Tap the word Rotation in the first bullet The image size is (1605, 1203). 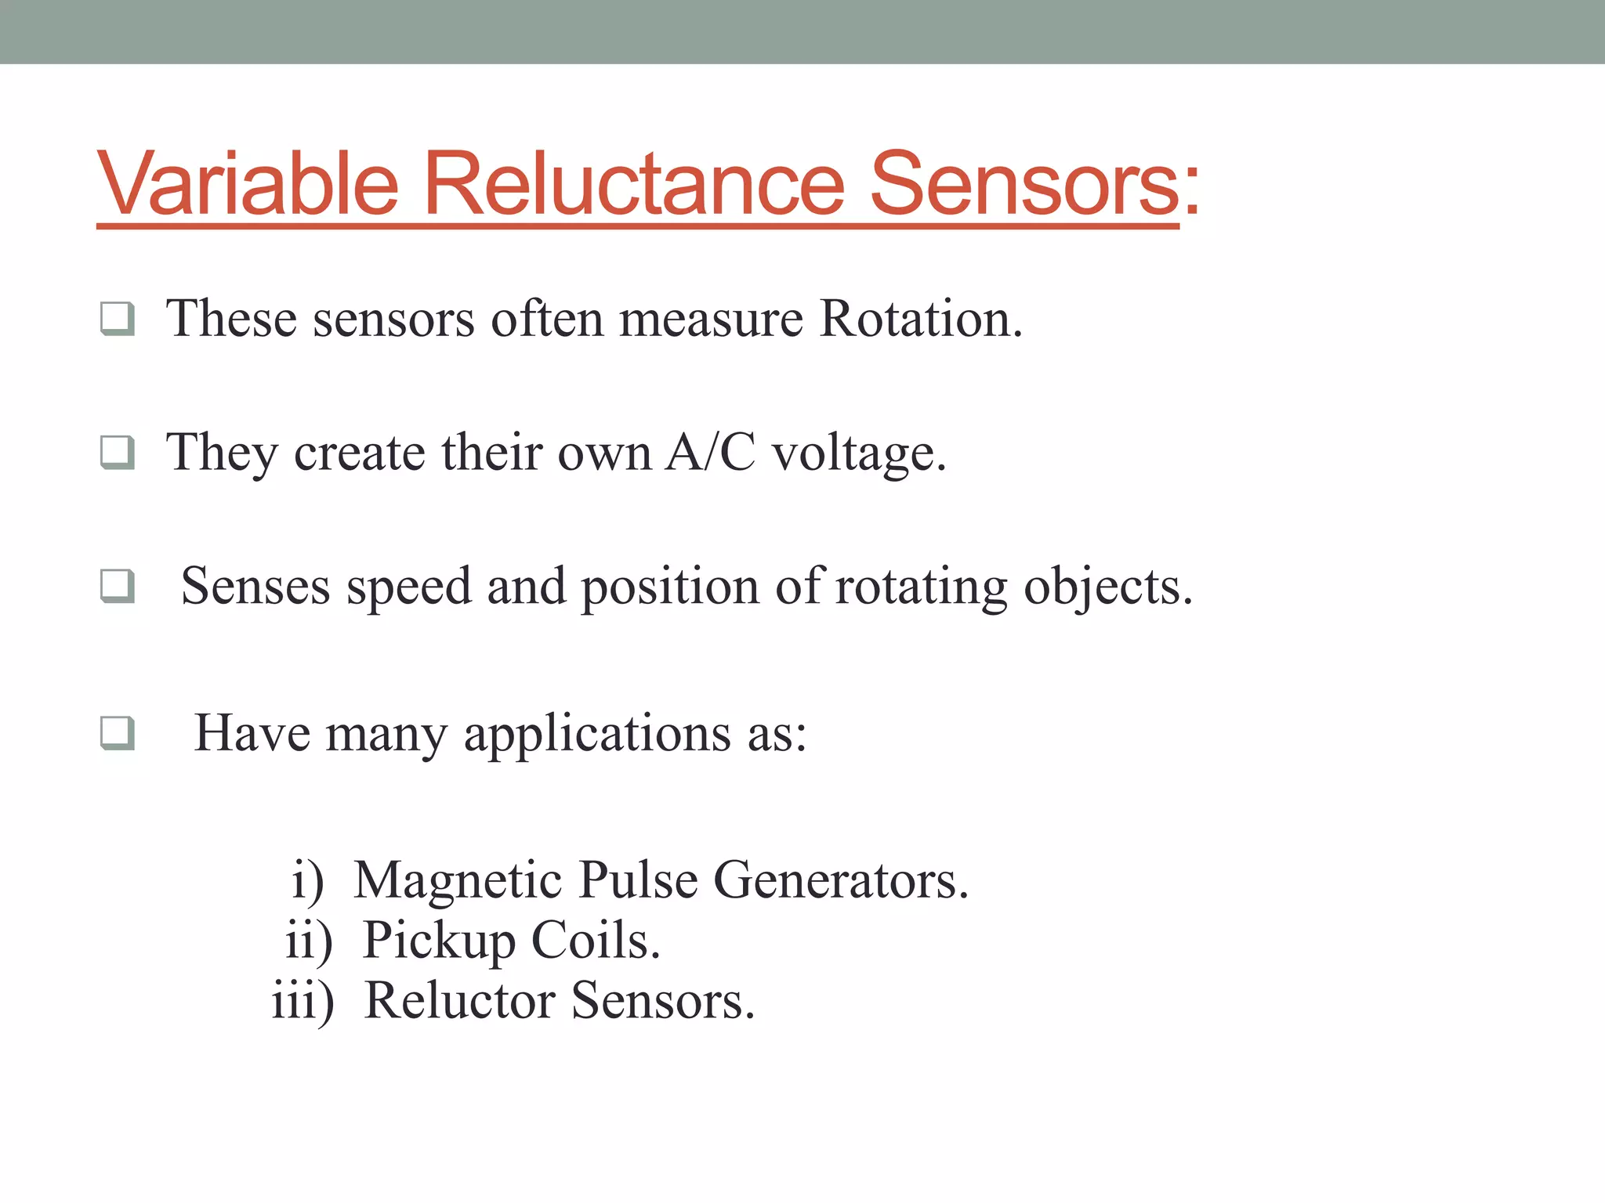pyautogui.click(x=920, y=320)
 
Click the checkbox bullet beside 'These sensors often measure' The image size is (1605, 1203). pyautogui.click(x=118, y=319)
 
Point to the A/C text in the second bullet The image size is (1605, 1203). pyautogui.click(x=710, y=453)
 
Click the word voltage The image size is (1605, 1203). pyautogui.click(x=859, y=454)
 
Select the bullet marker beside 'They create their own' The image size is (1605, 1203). pyautogui.click(x=118, y=452)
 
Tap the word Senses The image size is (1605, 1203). pyautogui.click(x=255, y=586)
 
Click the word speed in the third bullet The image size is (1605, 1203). pyautogui.click(x=409, y=587)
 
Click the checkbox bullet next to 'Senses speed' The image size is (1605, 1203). pyautogui.click(x=118, y=586)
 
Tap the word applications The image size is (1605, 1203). pyautogui.click(x=597, y=735)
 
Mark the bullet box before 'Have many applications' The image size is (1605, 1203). pyautogui.click(x=118, y=733)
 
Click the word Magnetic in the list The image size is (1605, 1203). pyautogui.click(x=458, y=881)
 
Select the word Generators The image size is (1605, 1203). pyautogui.click(x=840, y=880)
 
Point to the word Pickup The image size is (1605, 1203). pyautogui.click(x=439, y=941)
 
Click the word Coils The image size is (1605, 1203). pyautogui.click(x=596, y=940)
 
